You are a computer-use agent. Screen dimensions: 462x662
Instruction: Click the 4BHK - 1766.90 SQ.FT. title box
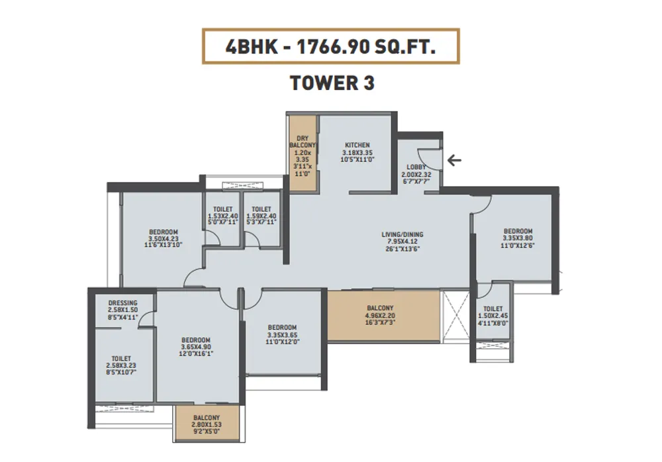330,46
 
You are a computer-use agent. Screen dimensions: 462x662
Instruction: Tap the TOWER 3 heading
332,83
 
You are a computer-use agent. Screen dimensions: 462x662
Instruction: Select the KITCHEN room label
357,145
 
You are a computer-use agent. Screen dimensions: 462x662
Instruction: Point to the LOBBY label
416,167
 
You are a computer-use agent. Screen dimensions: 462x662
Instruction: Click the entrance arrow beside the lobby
454,160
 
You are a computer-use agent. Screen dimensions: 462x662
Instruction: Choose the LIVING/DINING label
402,234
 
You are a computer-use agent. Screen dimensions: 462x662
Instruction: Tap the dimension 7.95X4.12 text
402,242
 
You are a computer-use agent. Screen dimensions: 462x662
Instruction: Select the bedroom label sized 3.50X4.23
165,232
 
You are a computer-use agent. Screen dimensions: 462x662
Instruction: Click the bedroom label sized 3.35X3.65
282,328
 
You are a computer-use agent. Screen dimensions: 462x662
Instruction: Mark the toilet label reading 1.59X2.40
261,209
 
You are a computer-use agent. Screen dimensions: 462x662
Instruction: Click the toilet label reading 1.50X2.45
493,309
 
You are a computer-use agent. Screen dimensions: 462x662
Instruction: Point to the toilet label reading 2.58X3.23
121,359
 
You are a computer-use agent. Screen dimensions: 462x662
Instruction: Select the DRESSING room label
122,303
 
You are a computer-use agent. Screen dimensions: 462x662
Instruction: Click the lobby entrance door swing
430,160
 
